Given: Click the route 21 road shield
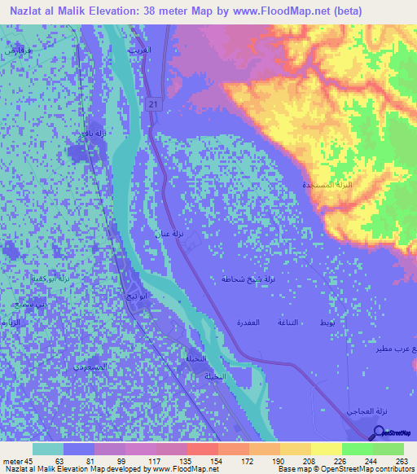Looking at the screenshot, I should point(153,104).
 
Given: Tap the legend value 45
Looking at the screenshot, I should point(29,460).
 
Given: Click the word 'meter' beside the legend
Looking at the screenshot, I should point(12,460).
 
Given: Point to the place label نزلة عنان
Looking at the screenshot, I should point(169,234).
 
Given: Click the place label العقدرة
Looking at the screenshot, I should point(248,323).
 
